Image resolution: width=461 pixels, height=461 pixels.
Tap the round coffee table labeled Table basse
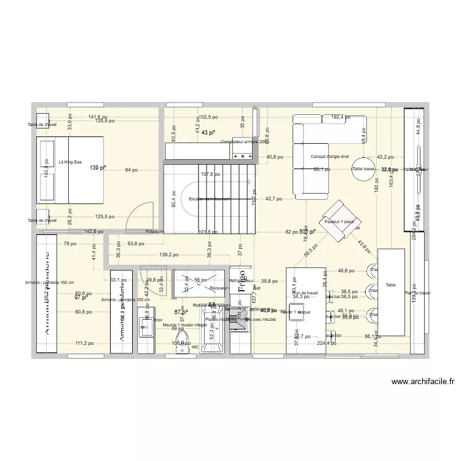pyautogui.click(x=363, y=169)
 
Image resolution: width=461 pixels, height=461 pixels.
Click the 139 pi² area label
pyautogui.click(x=97, y=167)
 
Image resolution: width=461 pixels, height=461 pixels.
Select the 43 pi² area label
pyautogui.click(x=208, y=132)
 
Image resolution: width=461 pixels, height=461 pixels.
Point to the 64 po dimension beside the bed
pyautogui.click(x=130, y=170)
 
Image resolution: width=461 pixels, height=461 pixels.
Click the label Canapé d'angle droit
pyautogui.click(x=329, y=156)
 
